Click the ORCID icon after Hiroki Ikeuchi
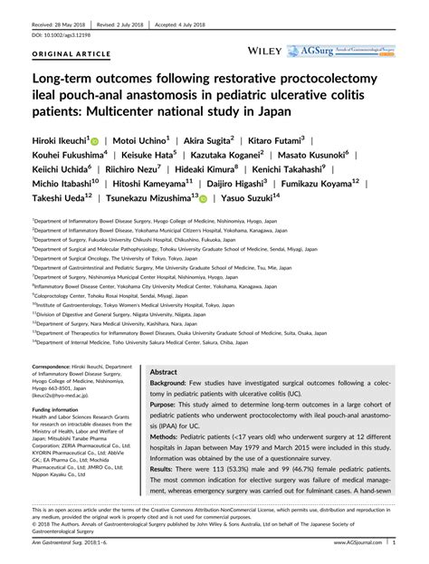pos(107,142)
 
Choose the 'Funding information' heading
pos(60,409)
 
